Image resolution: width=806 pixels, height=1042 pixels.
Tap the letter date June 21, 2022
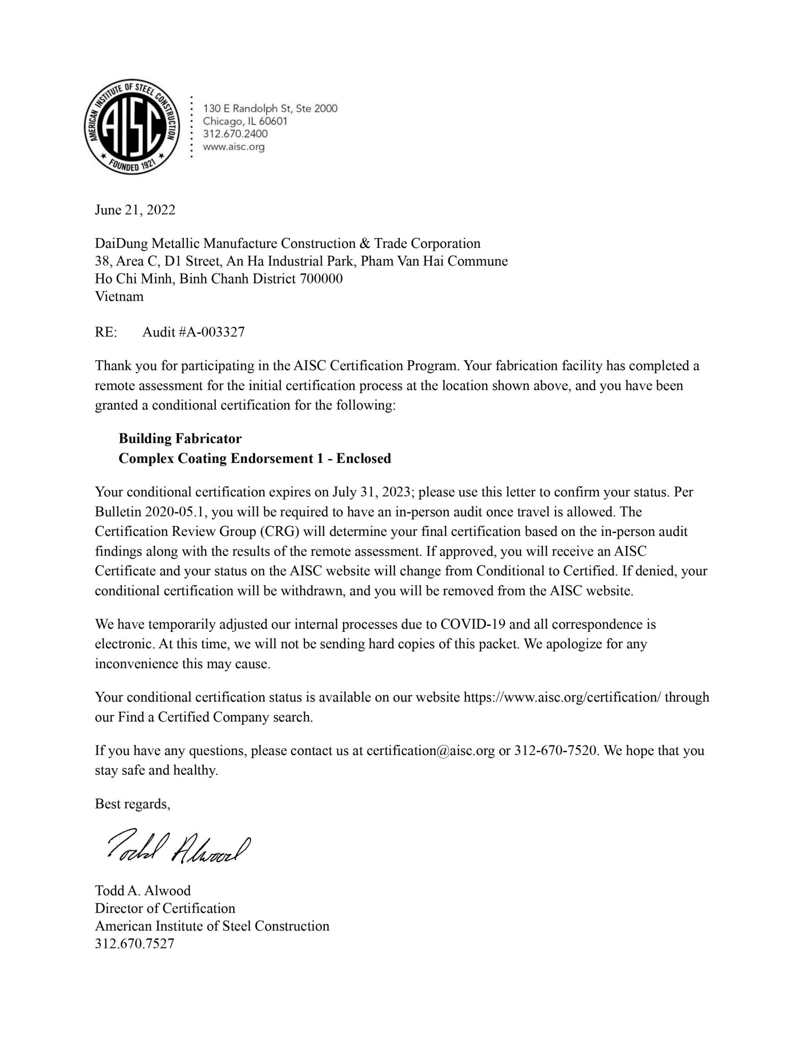[135, 210]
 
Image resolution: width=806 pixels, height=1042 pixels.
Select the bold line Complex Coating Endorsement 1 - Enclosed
[255, 458]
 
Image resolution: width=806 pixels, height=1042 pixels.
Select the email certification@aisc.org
[431, 750]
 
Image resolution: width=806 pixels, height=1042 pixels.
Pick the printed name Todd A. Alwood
[143, 891]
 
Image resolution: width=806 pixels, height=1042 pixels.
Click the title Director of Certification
[165, 908]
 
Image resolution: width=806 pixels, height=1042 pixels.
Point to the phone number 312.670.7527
[134, 944]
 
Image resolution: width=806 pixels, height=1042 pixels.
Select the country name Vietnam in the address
[119, 296]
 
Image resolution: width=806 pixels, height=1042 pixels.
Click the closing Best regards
[132, 804]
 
